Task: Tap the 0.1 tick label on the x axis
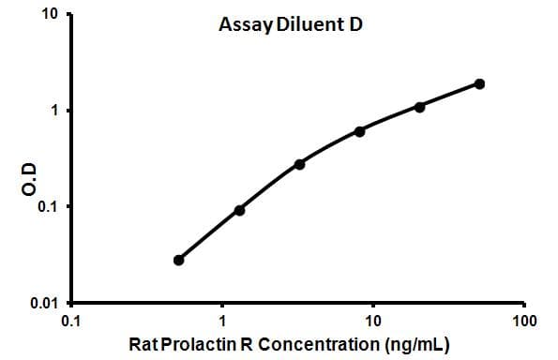pos(70,321)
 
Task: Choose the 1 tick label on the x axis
pos(222,321)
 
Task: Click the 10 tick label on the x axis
pos(373,321)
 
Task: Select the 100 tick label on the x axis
pos(525,321)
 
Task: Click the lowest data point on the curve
pos(179,260)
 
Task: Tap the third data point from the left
pos(299,164)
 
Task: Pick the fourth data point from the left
pos(359,131)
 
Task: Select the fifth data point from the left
pos(419,107)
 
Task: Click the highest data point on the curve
pos(479,83)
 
